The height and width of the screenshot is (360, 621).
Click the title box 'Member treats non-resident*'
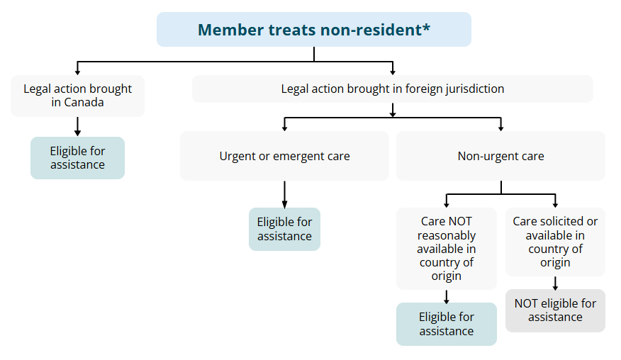click(x=313, y=30)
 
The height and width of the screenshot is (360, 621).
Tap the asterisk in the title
click(x=426, y=28)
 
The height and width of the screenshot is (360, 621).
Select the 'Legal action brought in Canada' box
click(x=77, y=96)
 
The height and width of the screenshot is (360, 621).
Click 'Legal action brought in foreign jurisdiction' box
click(x=392, y=89)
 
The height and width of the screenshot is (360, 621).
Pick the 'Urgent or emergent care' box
click(x=284, y=156)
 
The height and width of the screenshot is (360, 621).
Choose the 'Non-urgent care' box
click(x=500, y=156)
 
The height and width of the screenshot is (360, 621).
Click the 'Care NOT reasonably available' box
click(x=446, y=248)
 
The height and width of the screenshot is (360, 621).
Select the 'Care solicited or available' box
click(x=555, y=242)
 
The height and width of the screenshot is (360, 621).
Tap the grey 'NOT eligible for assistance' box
click(x=555, y=310)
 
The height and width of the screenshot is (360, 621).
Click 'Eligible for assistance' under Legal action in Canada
click(x=77, y=158)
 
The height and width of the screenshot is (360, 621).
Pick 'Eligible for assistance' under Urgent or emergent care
click(x=284, y=229)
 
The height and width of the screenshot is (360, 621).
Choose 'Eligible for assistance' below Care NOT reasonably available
click(x=446, y=324)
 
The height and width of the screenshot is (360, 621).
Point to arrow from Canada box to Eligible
click(x=77, y=126)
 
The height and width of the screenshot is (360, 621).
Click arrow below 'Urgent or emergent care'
click(x=284, y=193)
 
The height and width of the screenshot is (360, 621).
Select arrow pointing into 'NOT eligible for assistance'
click(x=555, y=283)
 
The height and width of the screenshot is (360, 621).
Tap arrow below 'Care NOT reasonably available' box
click(x=446, y=296)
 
